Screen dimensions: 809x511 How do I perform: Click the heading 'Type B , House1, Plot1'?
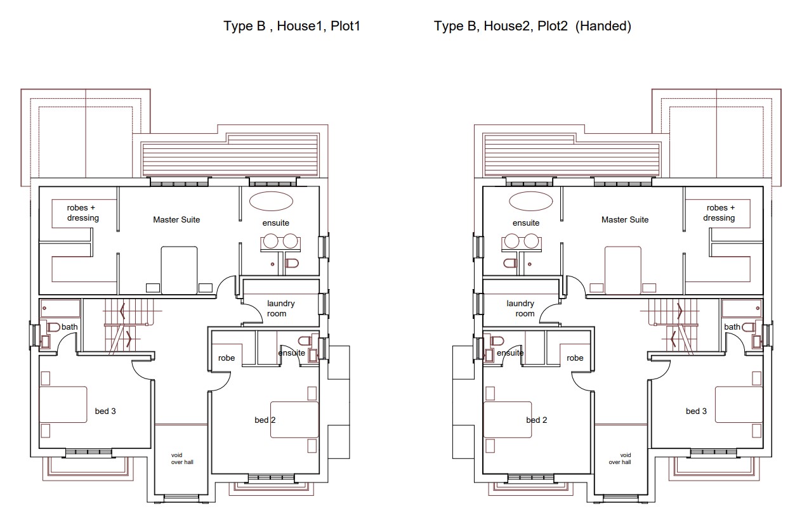(292, 26)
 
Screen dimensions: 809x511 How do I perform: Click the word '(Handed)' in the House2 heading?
(603, 26)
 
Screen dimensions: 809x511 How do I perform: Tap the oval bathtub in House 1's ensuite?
(271, 201)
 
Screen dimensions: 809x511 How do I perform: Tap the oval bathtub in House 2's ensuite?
(530, 201)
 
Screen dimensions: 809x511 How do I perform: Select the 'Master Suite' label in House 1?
(176, 219)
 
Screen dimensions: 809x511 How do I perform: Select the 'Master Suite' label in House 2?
(625, 219)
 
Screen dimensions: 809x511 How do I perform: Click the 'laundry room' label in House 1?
(280, 309)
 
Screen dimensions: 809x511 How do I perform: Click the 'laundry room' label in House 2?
(520, 309)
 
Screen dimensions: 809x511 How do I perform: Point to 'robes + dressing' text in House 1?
(82, 213)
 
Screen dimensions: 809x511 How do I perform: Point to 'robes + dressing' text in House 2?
(719, 213)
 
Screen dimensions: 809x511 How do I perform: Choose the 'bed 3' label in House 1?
(105, 411)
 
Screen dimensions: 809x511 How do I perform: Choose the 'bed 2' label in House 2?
(537, 420)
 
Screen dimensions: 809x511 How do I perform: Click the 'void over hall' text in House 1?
(182, 458)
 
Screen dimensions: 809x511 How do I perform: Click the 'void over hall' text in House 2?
(620, 458)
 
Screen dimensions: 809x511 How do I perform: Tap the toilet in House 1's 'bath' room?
(53, 328)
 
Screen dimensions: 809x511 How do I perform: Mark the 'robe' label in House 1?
(227, 358)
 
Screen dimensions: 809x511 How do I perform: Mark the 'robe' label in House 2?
(575, 358)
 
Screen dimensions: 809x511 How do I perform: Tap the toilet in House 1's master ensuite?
(292, 263)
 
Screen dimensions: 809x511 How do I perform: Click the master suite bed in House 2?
(623, 270)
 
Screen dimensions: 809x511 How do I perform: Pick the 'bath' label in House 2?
(732, 327)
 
